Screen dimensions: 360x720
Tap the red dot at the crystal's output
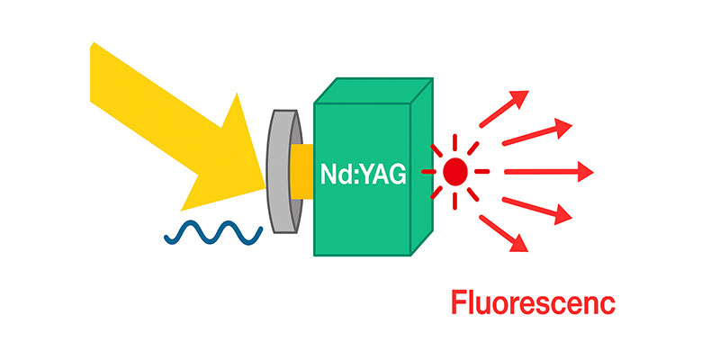point(455,170)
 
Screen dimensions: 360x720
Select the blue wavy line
point(212,233)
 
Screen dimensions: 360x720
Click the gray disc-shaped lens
point(284,171)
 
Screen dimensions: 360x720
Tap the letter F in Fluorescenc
point(458,303)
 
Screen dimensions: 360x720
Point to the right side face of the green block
point(421,171)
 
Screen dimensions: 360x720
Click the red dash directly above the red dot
point(455,142)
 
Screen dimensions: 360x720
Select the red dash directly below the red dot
point(456,199)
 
